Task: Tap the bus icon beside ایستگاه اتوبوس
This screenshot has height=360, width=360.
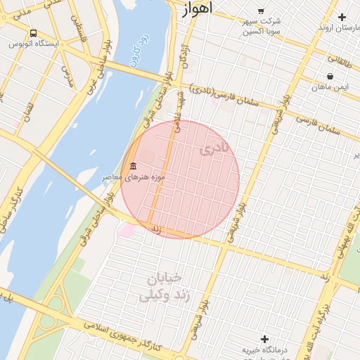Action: point(34,33)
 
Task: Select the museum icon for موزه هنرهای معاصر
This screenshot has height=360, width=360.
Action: point(133,166)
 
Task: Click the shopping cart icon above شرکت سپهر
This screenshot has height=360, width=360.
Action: point(261,11)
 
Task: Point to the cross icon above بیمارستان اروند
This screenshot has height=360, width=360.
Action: point(342,17)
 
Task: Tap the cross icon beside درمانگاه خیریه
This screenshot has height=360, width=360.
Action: point(265,339)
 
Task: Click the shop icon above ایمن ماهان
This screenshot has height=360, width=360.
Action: point(330,76)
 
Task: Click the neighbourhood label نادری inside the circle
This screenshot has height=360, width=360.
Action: point(214,148)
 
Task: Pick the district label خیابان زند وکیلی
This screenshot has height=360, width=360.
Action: point(163,286)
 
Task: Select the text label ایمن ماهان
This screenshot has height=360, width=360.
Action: point(331,87)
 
